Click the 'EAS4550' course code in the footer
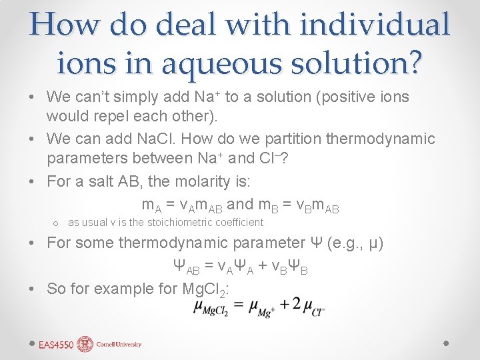tap(56, 344)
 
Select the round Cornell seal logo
tap(85, 344)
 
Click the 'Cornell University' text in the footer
tap(119, 345)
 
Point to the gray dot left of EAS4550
tap(31, 342)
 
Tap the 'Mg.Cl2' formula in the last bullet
tap(205, 289)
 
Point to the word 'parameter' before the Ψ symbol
tap(267, 243)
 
